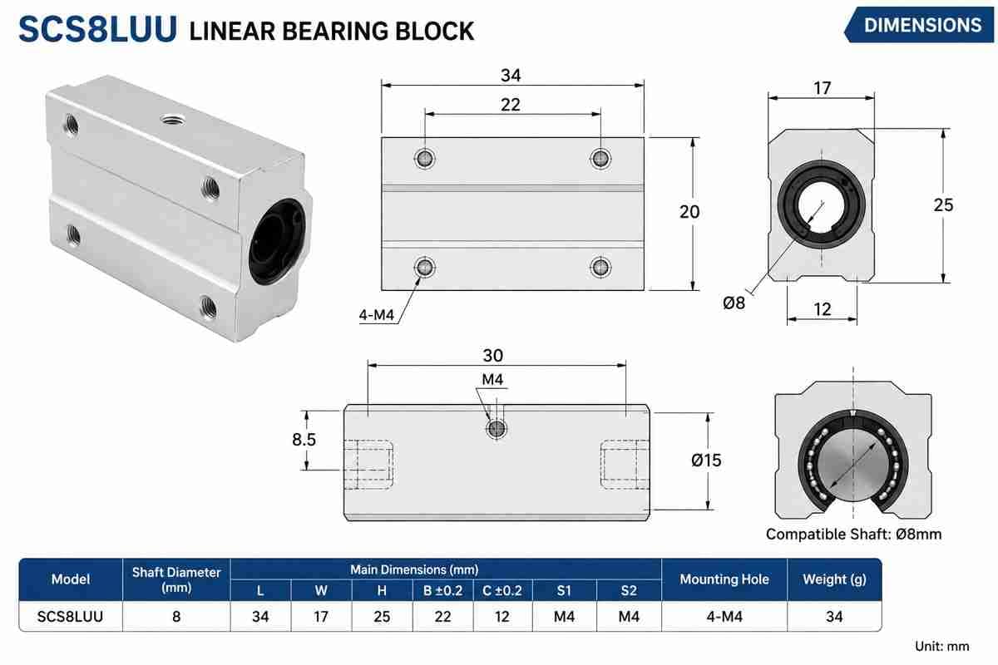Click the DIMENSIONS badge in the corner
[x=920, y=25]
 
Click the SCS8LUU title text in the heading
[x=97, y=30]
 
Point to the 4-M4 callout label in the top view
[x=377, y=315]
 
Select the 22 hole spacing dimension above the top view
[x=510, y=105]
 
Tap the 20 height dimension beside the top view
[x=689, y=212]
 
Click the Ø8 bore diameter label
[x=734, y=303]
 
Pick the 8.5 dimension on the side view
[x=304, y=440]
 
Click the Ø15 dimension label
[x=706, y=461]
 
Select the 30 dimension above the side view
[x=492, y=356]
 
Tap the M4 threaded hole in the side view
[x=496, y=429]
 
